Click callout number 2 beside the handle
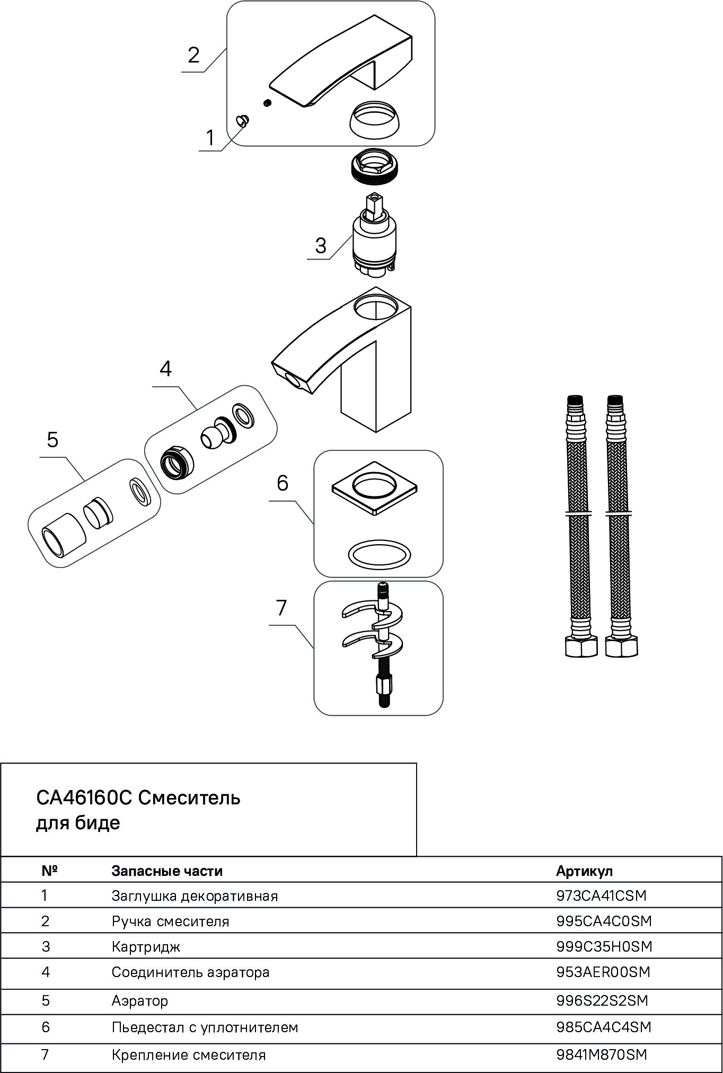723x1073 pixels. pyautogui.click(x=193, y=55)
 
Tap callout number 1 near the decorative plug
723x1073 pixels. pyautogui.click(x=210, y=138)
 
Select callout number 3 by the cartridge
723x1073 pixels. pyautogui.click(x=321, y=246)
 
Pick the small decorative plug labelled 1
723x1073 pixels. pyautogui.click(x=243, y=122)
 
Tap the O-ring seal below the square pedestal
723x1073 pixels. pyautogui.click(x=379, y=555)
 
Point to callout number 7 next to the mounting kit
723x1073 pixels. pyautogui.click(x=281, y=608)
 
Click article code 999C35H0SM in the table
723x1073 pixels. pyautogui.click(x=604, y=946)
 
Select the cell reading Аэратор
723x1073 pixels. pyautogui.click(x=140, y=1001)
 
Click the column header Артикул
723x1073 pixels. pyautogui.click(x=584, y=871)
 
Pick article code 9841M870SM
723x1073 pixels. pyautogui.click(x=602, y=1054)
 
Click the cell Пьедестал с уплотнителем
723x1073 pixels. pyautogui.click(x=205, y=1027)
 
